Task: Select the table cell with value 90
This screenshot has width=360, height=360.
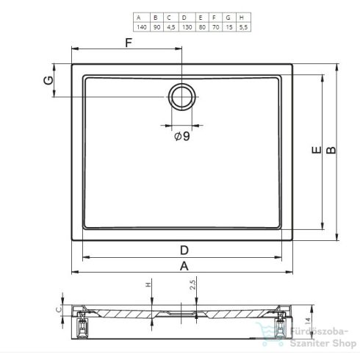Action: click(155, 26)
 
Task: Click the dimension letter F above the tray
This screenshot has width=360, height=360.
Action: click(129, 43)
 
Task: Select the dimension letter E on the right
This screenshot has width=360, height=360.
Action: click(314, 151)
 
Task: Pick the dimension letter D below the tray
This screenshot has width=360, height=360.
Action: click(183, 248)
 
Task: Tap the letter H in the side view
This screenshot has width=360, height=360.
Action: click(148, 285)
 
